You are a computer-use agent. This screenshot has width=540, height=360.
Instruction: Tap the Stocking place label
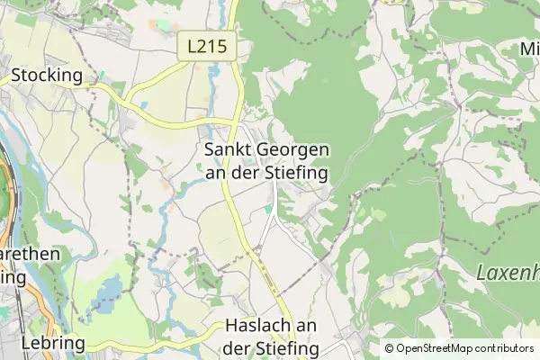tap(47, 75)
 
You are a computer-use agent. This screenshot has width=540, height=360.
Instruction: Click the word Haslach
tap(259, 326)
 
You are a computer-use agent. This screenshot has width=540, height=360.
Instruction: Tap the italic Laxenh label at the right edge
tap(508, 272)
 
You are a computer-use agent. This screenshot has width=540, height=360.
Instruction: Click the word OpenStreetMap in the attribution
tap(440, 348)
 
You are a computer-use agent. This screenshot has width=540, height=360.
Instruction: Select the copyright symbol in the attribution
tap(390, 348)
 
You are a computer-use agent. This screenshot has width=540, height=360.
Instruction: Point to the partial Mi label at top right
tap(529, 49)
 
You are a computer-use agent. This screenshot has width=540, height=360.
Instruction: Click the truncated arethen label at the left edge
tap(30, 255)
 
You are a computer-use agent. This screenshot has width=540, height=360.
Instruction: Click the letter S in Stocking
tap(16, 75)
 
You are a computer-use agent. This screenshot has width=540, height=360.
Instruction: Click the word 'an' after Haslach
tap(308, 326)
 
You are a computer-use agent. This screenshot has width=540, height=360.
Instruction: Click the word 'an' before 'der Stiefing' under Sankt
tap(216, 171)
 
